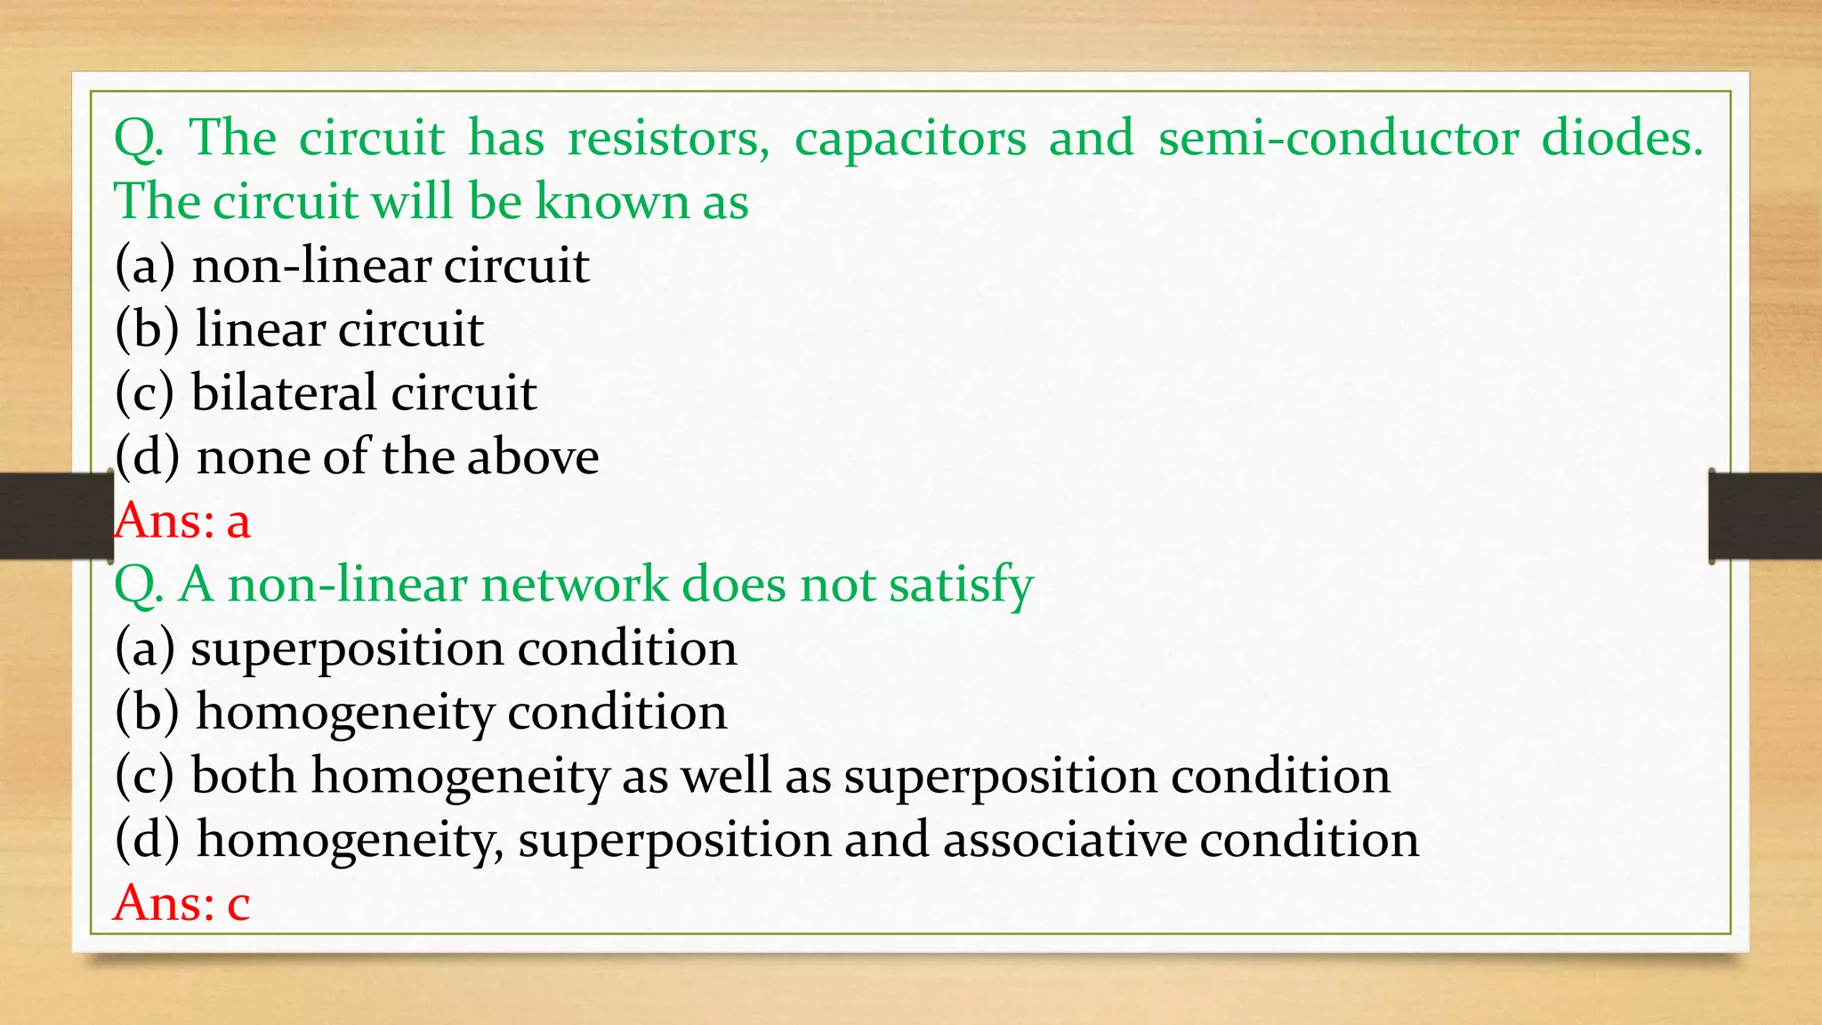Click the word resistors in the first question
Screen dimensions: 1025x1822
(668, 139)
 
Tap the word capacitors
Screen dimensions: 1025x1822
(910, 141)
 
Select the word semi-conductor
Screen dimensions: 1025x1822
(1338, 139)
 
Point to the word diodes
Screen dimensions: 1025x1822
(1621, 139)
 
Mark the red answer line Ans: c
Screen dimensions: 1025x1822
(181, 903)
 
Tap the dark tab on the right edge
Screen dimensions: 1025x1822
(1765, 516)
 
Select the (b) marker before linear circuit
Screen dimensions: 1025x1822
(147, 329)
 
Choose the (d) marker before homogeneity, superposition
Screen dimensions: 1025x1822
(147, 840)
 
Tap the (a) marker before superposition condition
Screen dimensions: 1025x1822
(144, 649)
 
